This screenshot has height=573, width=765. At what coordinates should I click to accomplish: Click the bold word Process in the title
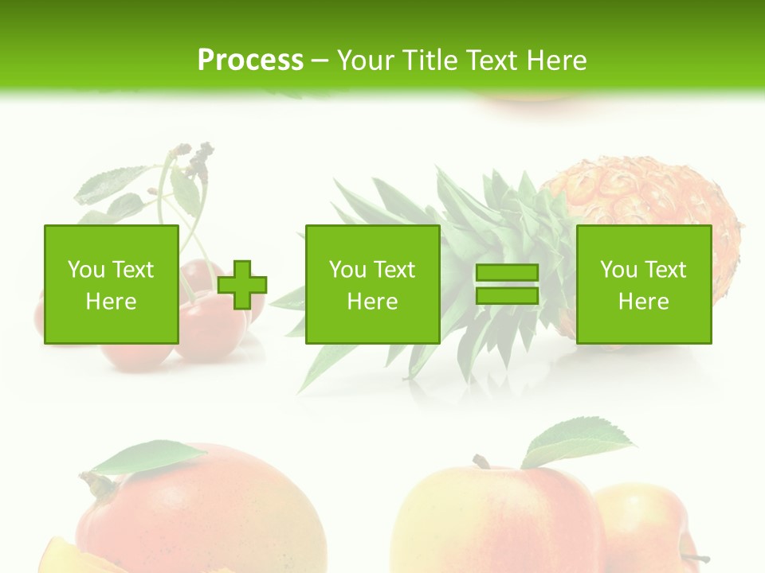pyautogui.click(x=250, y=60)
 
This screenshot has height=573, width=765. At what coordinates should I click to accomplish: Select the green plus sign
pyautogui.click(x=242, y=284)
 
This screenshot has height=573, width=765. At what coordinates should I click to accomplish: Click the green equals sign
pyautogui.click(x=507, y=284)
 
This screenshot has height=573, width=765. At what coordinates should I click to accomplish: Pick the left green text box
pyautogui.click(x=112, y=284)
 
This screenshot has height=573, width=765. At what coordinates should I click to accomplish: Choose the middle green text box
pyautogui.click(x=373, y=284)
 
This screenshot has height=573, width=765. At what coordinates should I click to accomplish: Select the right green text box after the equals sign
pyautogui.click(x=644, y=284)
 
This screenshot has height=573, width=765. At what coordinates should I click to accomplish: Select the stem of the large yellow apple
pyautogui.click(x=481, y=461)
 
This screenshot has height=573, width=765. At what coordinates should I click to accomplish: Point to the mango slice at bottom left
pyautogui.click(x=64, y=557)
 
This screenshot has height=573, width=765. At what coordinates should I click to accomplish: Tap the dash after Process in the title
pyautogui.click(x=320, y=60)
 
